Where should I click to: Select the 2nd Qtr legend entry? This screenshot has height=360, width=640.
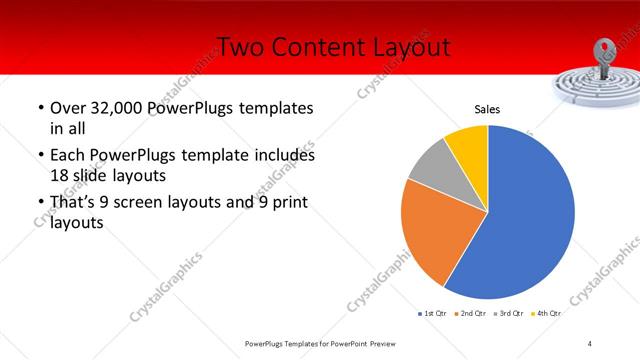(x=473, y=313)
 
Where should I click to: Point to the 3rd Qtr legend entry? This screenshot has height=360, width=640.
(x=511, y=313)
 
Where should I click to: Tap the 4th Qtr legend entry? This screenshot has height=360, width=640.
(x=548, y=313)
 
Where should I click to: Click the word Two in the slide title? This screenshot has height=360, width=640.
(x=241, y=46)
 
